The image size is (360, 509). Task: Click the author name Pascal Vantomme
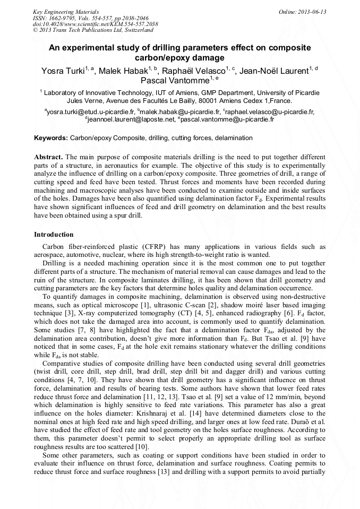[x=175, y=81]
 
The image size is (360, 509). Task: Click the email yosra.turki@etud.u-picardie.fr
[x=91, y=112]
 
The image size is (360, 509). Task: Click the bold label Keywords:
[x=51, y=138]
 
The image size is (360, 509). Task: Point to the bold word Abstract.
[x=48, y=158]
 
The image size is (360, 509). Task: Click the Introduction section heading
[x=54, y=234]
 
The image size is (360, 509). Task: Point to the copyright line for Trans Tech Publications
[x=93, y=30]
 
